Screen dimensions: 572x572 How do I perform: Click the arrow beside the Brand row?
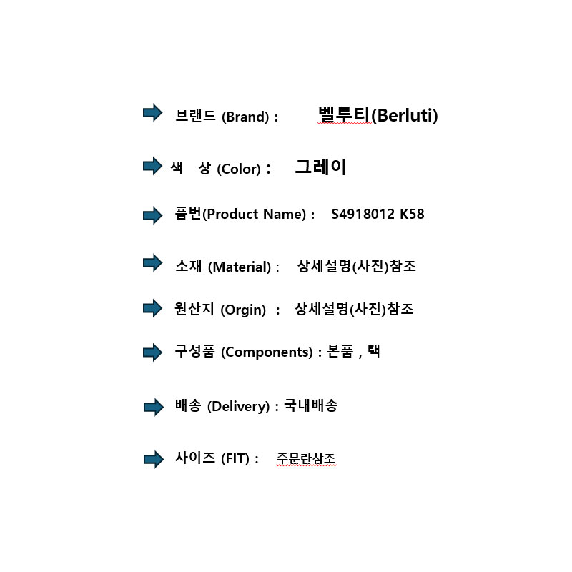point(152,113)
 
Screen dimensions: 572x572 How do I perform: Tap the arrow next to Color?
point(152,167)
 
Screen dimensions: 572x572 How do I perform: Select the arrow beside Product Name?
point(152,214)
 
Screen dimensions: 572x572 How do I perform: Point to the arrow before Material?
point(152,263)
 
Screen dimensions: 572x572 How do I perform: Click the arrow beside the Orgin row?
point(152,308)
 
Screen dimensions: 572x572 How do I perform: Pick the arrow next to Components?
point(152,352)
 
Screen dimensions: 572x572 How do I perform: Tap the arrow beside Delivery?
point(152,407)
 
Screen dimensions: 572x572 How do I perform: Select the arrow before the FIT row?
point(152,459)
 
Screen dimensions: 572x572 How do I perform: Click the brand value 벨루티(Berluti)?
point(378,114)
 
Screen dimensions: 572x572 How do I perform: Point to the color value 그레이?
point(320,168)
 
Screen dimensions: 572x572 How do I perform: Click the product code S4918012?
point(363,214)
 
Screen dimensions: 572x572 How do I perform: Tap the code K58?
point(412,214)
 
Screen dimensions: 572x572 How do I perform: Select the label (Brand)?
point(246,117)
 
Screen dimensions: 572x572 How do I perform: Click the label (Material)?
point(240,267)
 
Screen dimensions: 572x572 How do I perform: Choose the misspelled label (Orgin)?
point(243,310)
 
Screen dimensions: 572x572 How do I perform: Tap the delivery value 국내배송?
point(310,406)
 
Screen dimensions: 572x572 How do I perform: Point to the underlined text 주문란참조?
point(306,458)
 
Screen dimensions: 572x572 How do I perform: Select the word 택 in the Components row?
point(373,352)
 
